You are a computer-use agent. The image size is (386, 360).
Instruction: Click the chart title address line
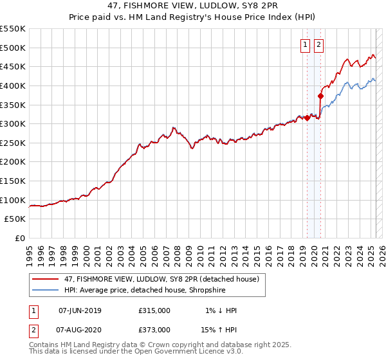192,6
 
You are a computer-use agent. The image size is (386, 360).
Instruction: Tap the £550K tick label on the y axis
13,29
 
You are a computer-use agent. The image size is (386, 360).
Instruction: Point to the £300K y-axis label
13,123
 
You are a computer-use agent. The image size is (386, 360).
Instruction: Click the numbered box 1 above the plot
304,45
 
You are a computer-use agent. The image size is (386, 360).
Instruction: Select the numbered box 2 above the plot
318,45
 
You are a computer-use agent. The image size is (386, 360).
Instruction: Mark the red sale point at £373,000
320,96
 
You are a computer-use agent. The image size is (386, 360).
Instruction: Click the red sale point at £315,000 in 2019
307,118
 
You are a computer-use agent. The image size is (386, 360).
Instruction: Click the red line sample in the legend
44,279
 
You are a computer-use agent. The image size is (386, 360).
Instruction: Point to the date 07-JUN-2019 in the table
80,310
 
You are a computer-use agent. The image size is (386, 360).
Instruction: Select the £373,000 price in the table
154,330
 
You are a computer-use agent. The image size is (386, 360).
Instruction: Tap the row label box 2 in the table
33,330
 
